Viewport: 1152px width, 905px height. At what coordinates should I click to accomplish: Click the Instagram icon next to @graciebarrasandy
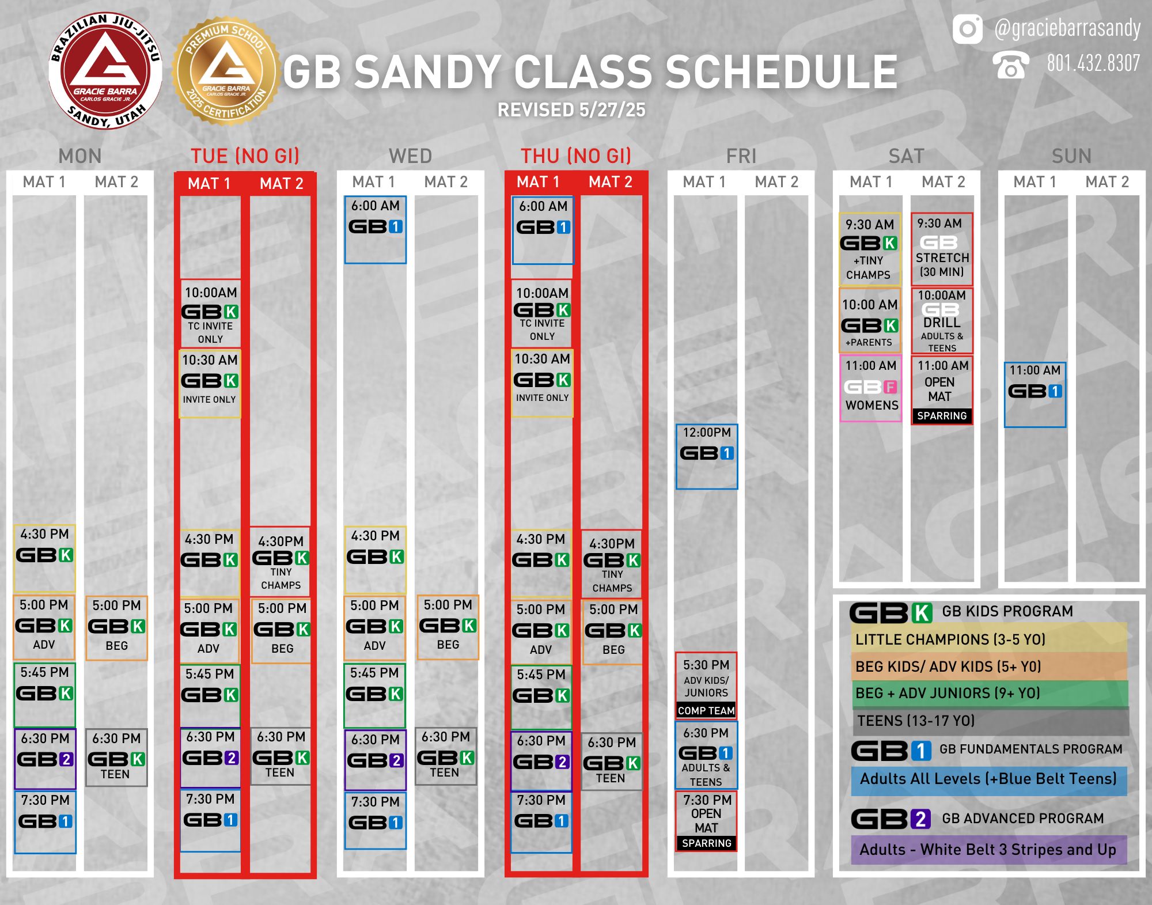[968, 29]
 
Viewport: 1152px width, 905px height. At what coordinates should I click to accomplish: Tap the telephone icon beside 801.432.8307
[1010, 65]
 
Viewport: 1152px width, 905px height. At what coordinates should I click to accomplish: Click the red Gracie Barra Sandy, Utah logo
[105, 71]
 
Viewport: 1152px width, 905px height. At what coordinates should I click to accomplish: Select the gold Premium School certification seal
[226, 71]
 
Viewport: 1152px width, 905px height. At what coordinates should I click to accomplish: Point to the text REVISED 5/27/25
[571, 110]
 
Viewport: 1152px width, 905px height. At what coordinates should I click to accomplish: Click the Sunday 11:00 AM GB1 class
[1035, 395]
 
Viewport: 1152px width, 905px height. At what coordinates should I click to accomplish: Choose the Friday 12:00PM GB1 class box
[707, 456]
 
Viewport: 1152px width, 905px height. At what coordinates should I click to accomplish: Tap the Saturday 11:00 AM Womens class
[871, 388]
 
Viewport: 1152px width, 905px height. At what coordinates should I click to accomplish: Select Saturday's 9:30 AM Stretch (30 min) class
[942, 249]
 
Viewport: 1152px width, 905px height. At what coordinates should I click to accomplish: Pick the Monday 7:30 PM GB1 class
[45, 822]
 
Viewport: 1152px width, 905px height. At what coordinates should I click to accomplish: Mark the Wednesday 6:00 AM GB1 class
[376, 229]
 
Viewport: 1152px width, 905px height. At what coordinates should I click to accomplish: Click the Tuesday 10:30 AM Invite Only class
[210, 384]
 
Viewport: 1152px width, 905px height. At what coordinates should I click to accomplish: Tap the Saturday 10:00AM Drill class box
[942, 321]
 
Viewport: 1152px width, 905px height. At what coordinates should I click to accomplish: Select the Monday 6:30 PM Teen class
[116, 758]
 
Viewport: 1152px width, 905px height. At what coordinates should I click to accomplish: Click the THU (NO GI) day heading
[576, 156]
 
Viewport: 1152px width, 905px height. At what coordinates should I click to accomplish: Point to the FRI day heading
[741, 156]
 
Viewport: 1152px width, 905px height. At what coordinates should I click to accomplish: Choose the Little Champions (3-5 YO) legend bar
[989, 638]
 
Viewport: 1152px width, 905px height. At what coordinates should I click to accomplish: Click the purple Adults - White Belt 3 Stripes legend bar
[989, 850]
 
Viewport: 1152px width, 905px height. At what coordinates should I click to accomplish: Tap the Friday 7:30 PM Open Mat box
[706, 821]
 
